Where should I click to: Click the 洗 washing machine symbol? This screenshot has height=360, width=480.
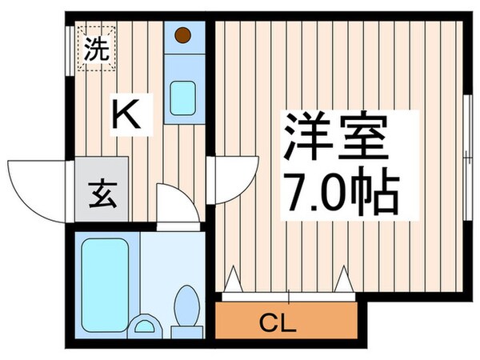coord(95,50)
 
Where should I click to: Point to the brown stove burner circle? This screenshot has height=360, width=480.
coord(183,34)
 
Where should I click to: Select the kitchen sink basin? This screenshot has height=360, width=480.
coord(183,98)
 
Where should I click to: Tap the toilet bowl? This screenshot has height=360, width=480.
coord(187,304)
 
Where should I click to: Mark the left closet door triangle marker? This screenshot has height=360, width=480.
coord(234,279)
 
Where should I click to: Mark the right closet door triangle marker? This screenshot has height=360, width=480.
coord(344,279)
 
